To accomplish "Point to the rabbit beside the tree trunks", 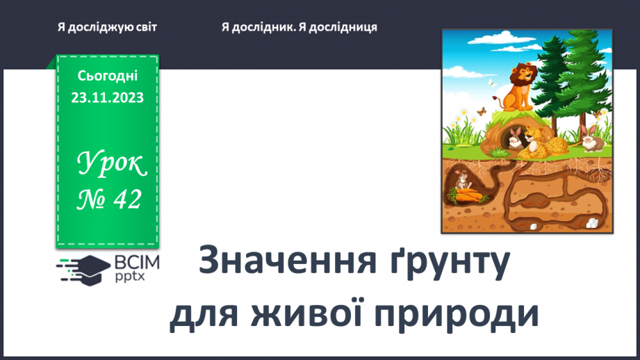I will click(590, 138).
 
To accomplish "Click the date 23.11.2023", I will click(108, 98).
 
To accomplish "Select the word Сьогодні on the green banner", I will click(108, 76).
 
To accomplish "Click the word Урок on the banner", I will click(111, 165).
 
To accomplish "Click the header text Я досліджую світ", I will click(108, 26).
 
